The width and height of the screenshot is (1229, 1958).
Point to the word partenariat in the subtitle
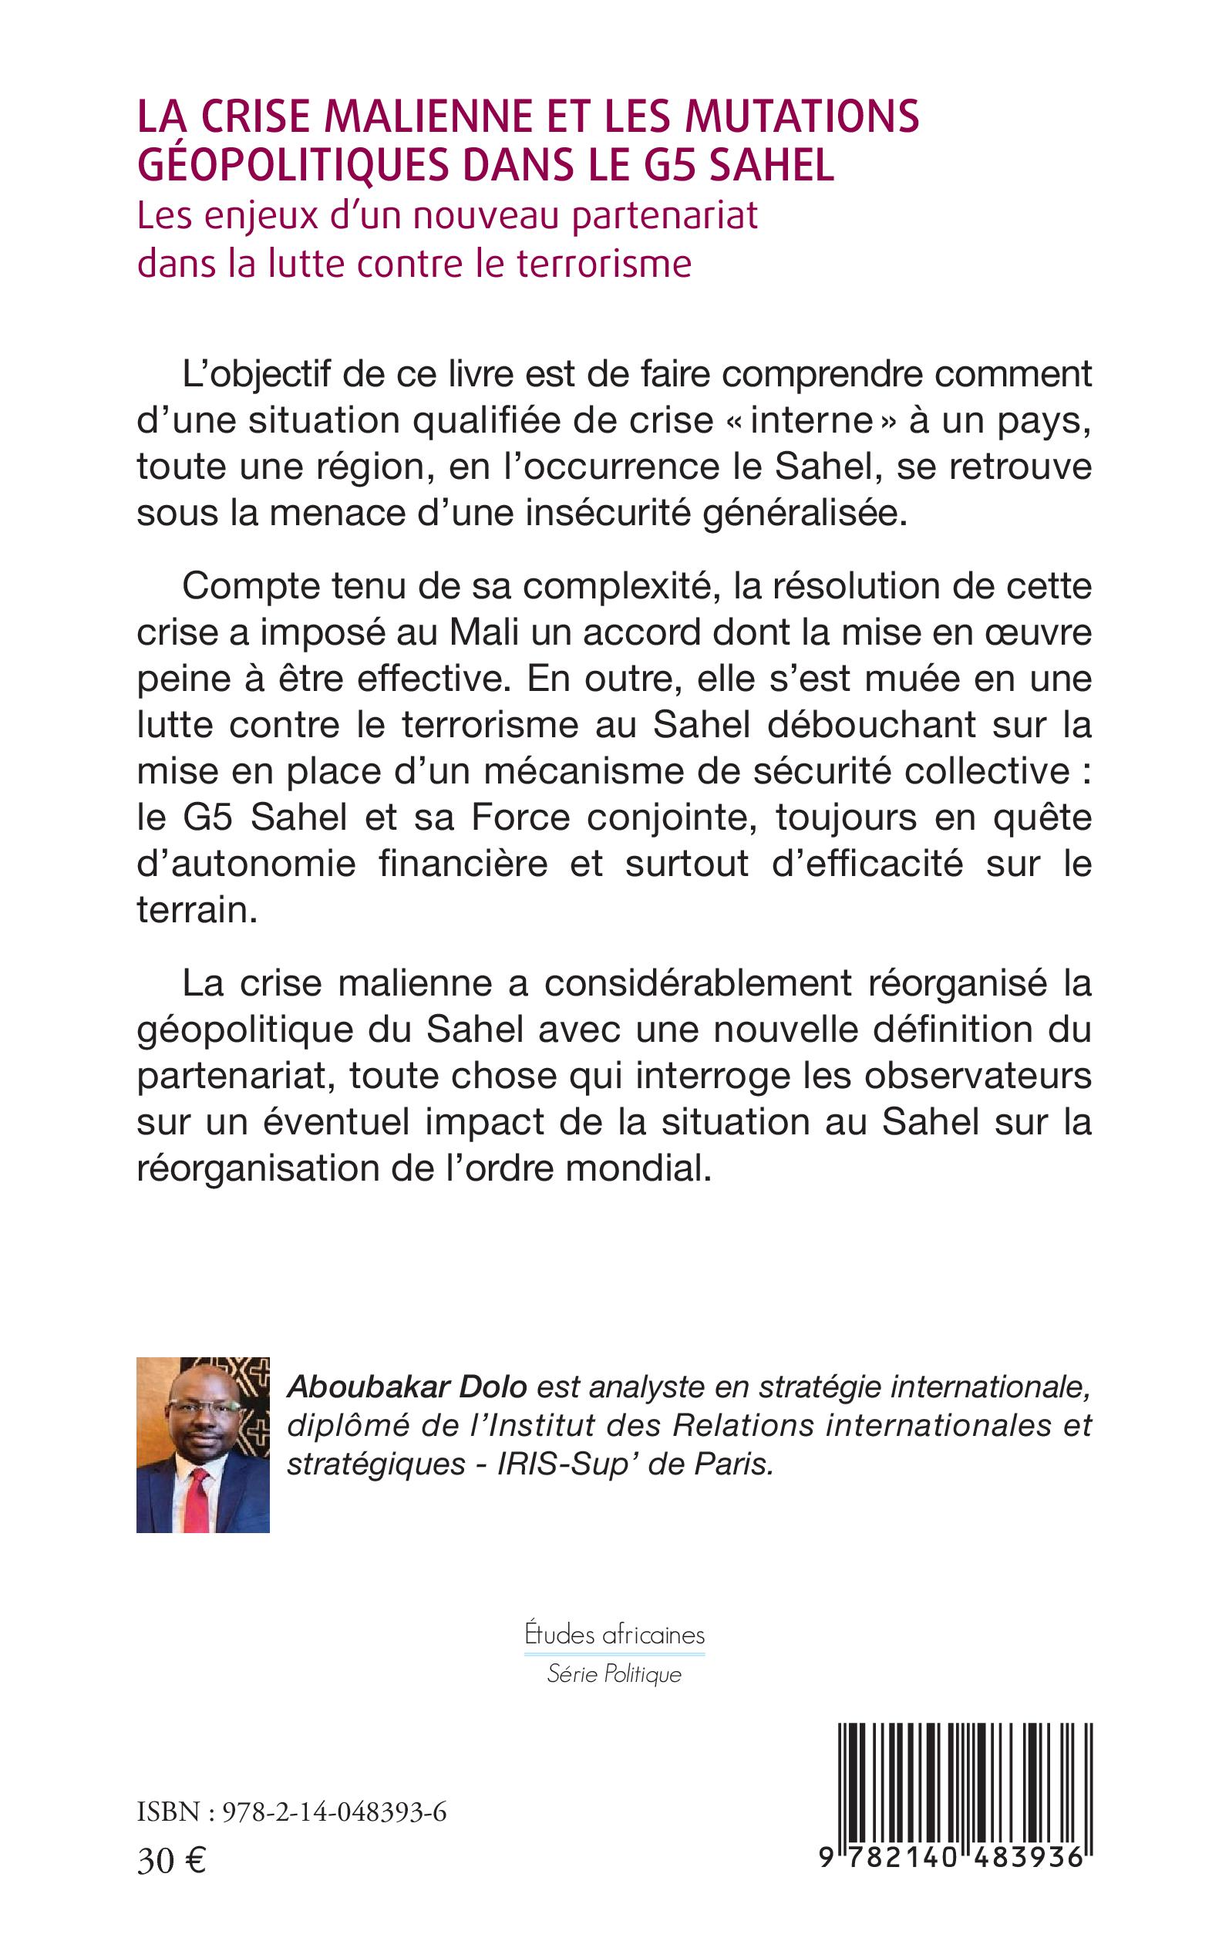665,215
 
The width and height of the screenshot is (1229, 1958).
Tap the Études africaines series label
614,1636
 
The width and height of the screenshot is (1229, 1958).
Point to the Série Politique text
614,1674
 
